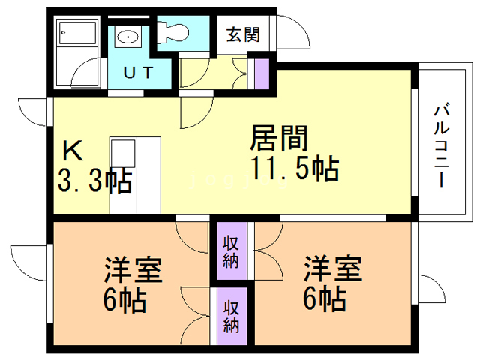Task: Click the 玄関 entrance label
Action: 242,34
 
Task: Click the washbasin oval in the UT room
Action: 127,36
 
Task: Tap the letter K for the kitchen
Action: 73,151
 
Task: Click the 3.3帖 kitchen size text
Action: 94,182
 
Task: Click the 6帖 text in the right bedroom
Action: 324,300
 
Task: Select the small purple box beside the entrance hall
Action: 261,73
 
